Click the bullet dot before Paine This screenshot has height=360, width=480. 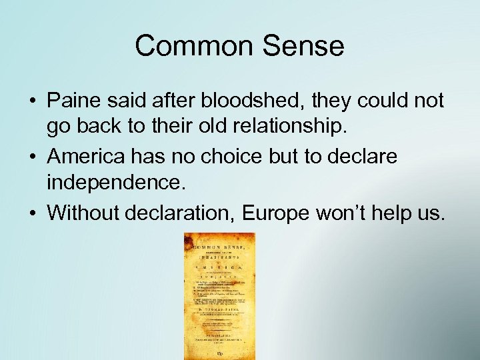[32, 101]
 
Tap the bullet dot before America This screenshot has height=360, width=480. [32, 158]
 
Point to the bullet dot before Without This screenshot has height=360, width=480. [32, 214]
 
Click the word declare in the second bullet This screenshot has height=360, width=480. [365, 157]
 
